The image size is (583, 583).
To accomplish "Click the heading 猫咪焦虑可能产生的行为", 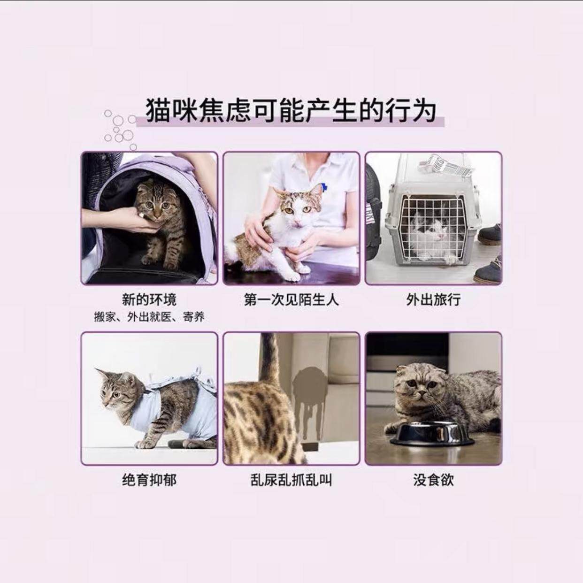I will coord(291,111).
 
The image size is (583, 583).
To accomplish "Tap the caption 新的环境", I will coord(149,299).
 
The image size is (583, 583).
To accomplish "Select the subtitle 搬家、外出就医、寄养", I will coord(149,317).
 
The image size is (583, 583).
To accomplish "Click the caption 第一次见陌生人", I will coord(291,299).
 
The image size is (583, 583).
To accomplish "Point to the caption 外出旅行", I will coord(433,299).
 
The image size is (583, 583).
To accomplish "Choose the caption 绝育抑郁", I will coord(149,480).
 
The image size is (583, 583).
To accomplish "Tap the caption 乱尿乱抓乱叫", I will coord(291,480).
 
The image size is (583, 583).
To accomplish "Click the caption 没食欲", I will coord(433,480).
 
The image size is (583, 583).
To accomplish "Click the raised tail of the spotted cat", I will coord(270,361).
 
